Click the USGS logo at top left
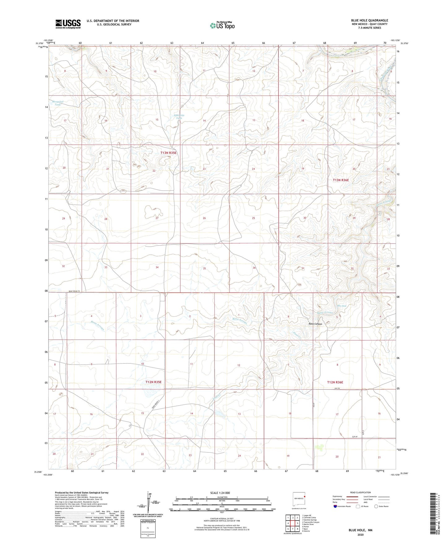coord(68,24)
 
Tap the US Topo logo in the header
coord(222,25)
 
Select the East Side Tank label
coord(179,117)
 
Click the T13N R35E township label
coord(168,153)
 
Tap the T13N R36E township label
coord(341,180)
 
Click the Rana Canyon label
coord(315,324)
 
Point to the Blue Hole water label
coord(341,306)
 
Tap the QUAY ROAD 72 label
coord(74,291)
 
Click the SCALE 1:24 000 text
coord(220,493)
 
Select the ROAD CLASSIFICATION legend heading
coord(361,492)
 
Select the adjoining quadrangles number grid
coord(293,523)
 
